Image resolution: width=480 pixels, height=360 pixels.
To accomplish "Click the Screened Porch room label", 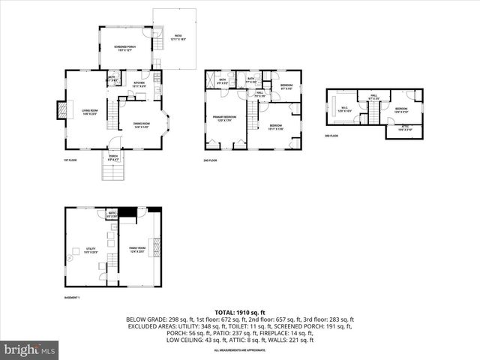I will pos(124,47).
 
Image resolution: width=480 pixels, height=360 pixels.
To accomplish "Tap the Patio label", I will pos(178,37).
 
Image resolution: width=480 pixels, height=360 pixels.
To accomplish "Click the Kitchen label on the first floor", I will pos(139,84).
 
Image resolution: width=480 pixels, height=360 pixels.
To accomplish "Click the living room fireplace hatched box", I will pos(61,111).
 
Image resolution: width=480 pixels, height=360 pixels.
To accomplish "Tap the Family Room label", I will pos(136,248).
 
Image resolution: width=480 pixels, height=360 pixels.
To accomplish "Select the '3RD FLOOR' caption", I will pos(332,136).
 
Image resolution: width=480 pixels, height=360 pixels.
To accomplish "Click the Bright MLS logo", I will pos(30,349).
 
